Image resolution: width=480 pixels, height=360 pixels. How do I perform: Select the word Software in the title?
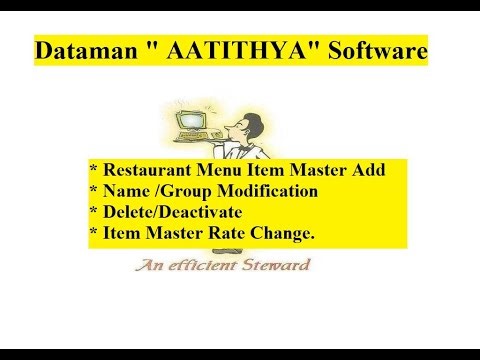point(373,50)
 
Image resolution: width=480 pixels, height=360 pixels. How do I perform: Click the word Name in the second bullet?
point(126,190)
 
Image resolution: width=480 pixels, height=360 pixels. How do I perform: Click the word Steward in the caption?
point(277,265)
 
